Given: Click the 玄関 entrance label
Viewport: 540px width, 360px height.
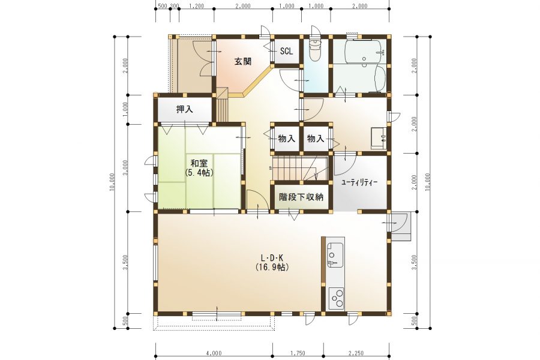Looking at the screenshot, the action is point(243,61).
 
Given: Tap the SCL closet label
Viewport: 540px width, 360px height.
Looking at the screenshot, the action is point(286,52).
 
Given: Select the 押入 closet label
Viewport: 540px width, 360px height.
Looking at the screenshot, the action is point(184,109).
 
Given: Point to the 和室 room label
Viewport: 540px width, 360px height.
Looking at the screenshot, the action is point(199,163).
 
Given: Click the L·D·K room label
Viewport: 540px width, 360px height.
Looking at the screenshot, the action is point(272,257).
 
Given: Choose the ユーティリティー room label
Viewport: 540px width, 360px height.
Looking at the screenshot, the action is point(359,182).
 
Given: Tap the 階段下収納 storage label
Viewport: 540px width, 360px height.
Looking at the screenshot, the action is point(301,197).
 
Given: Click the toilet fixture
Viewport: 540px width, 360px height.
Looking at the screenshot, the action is point(314,49).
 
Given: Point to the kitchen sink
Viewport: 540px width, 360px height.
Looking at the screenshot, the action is point(334,255).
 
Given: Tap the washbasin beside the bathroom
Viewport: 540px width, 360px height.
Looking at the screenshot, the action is point(378,138).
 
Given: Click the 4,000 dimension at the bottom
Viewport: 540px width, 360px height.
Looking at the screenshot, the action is point(214,353).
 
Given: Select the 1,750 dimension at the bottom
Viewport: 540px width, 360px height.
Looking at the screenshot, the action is point(298,353).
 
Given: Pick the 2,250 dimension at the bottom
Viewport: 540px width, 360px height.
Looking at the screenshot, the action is point(355,353).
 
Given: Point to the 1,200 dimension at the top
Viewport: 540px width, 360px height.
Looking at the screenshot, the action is point(196,6).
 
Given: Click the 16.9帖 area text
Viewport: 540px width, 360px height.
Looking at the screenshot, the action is point(272,267).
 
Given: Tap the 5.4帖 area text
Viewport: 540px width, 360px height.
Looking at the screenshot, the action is point(199,172).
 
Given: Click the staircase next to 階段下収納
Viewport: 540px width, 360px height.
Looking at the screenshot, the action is point(299,168).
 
